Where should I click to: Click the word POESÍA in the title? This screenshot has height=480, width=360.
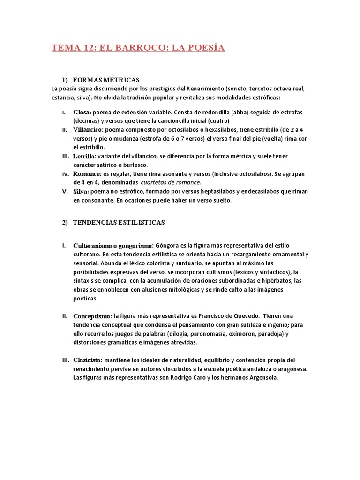coord(203,47)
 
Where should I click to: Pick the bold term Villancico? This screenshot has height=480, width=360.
coord(89,129)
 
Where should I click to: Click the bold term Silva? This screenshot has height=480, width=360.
coord(81,191)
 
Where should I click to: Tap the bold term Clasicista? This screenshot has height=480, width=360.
coord(87,360)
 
